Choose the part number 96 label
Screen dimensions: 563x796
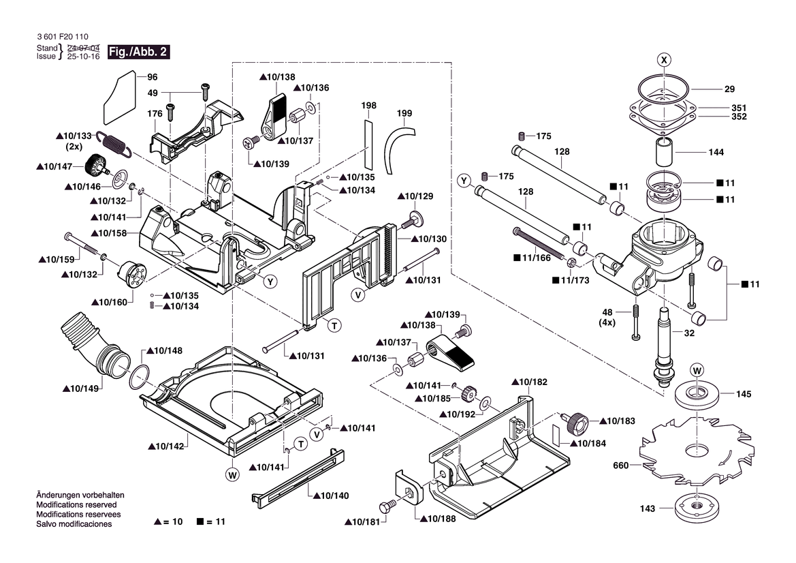click(152, 77)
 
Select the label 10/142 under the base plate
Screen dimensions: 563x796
click(166, 446)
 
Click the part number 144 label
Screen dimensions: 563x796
click(716, 152)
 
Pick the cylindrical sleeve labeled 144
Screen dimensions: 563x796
click(665, 151)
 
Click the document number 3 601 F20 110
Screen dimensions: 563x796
click(62, 37)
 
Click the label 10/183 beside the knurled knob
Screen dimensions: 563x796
click(617, 422)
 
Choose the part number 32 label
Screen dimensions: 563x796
click(689, 334)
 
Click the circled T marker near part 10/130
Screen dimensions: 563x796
click(334, 326)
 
